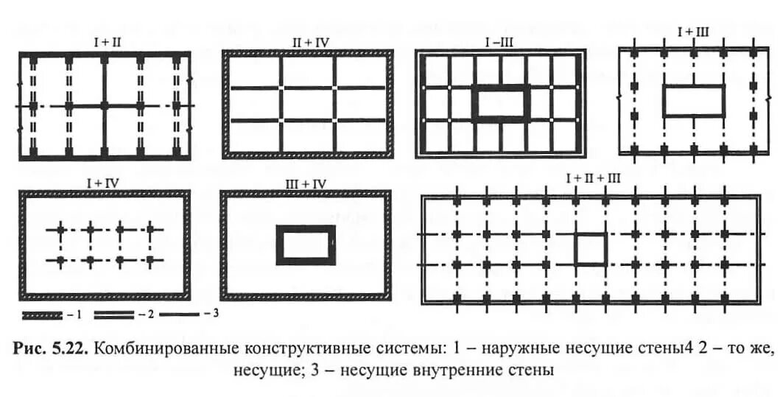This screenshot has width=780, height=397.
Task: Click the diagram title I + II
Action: coord(106,43)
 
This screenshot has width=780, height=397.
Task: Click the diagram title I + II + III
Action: coord(593,179)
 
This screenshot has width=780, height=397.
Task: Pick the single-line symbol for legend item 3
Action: coord(180,315)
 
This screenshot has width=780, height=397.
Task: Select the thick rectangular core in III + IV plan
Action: coord(306,245)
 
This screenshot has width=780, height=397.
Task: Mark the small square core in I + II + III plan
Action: coord(590,249)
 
